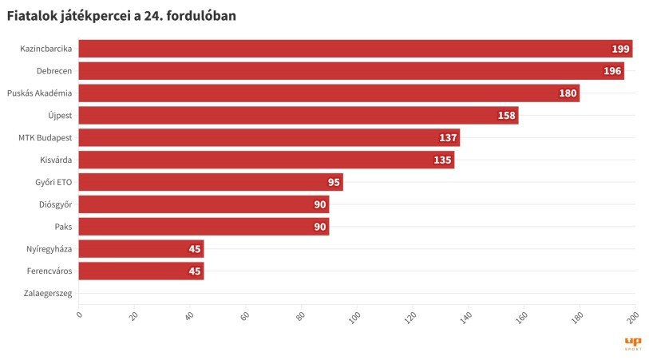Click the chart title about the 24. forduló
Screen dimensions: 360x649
[x=121, y=15]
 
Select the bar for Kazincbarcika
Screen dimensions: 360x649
[x=355, y=49]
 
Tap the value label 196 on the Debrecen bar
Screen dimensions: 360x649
[x=613, y=71]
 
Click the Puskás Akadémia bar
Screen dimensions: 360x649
[x=329, y=93]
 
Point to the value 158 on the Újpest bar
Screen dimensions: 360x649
[x=507, y=116]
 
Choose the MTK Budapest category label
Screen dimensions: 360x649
[x=45, y=137]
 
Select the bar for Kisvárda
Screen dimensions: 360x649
[x=266, y=160]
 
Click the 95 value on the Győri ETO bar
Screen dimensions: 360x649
[x=334, y=182]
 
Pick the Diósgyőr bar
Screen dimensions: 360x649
[x=204, y=204]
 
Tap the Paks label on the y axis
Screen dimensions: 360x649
[x=63, y=227]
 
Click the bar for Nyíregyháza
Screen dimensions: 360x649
[x=141, y=249]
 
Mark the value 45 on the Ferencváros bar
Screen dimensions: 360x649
[x=194, y=271]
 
